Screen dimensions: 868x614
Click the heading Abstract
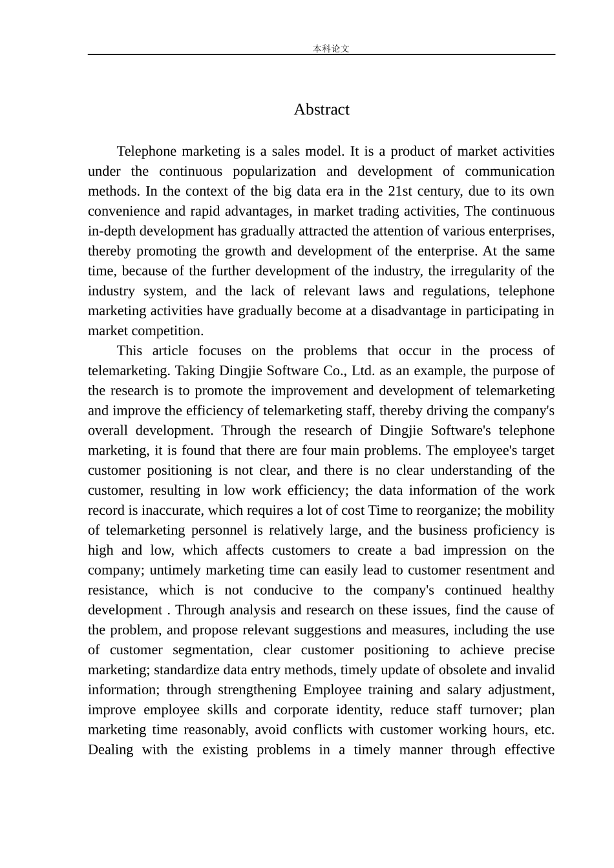pyautogui.click(x=321, y=110)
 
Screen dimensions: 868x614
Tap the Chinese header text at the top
pyautogui.click(x=331, y=48)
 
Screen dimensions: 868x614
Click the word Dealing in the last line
pyautogui.click(x=111, y=750)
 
